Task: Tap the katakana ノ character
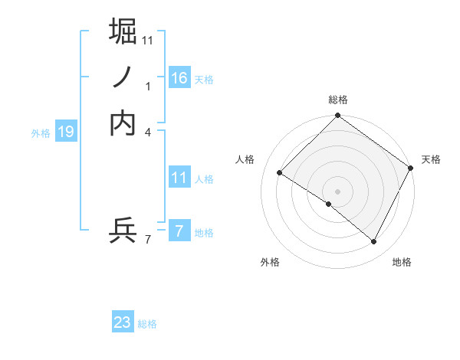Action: [123, 77]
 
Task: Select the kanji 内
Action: [123, 123]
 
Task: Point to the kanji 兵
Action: [123, 230]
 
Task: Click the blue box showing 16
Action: [179, 78]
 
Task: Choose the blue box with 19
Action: [65, 132]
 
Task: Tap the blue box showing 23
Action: [123, 322]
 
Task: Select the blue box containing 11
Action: [179, 178]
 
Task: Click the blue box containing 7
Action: [179, 231]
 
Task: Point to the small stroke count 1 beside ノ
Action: [149, 87]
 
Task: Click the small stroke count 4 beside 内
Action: [149, 132]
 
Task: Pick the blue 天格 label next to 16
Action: [204, 80]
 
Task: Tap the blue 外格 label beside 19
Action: [41, 133]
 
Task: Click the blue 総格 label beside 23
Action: [147, 324]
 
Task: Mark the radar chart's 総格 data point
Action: [337, 116]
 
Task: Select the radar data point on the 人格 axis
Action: [280, 173]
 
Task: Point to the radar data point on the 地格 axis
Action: [374, 242]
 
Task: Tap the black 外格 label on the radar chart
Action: [270, 262]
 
